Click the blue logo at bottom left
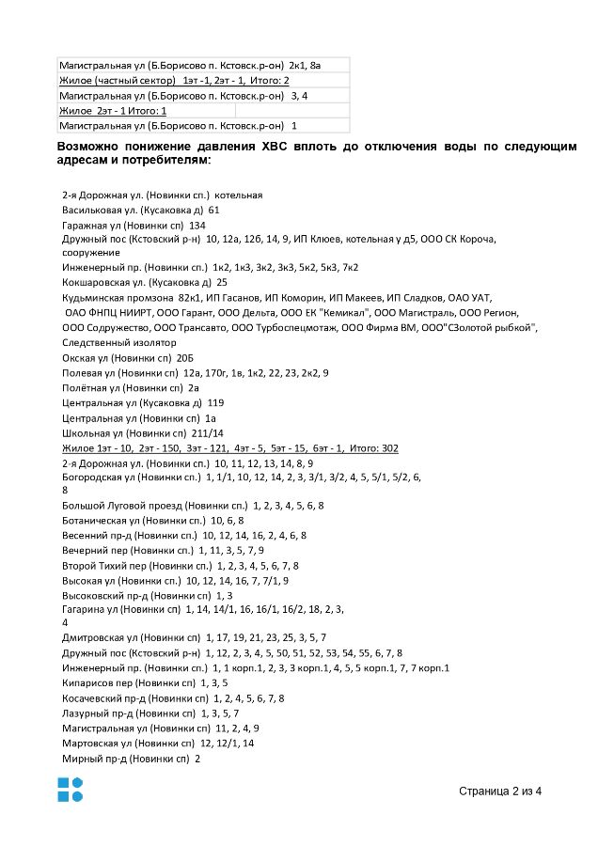coord(70,790)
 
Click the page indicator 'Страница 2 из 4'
coord(500,791)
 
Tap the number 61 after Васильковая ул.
coord(213,210)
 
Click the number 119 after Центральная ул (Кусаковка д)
coord(215,402)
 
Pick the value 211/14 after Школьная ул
coord(208,432)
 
